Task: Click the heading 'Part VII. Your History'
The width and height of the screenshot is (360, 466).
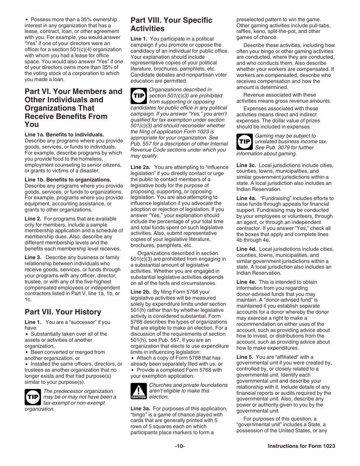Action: [x=63, y=312]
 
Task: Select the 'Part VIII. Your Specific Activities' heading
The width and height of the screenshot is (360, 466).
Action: [x=171, y=24]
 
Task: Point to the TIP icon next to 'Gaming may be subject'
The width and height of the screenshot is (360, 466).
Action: [x=244, y=141]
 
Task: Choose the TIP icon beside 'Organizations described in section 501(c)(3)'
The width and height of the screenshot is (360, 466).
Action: [x=138, y=95]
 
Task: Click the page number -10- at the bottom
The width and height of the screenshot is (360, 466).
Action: [x=180, y=446]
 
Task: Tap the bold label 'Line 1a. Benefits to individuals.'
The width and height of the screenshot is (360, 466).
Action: [x=64, y=134]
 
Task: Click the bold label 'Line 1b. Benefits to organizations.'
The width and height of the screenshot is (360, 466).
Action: [x=68, y=180]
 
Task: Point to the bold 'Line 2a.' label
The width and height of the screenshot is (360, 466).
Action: [x=141, y=167]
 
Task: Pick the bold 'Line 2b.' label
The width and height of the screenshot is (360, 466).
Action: [x=141, y=292]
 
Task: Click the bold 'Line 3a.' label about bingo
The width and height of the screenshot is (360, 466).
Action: [x=141, y=408]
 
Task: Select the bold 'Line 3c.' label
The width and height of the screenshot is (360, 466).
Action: [x=246, y=165]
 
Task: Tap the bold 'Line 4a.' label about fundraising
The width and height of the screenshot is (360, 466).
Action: [x=246, y=198]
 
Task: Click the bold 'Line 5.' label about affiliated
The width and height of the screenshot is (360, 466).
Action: [x=244, y=357]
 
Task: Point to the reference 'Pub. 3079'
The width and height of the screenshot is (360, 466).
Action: [x=277, y=147]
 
